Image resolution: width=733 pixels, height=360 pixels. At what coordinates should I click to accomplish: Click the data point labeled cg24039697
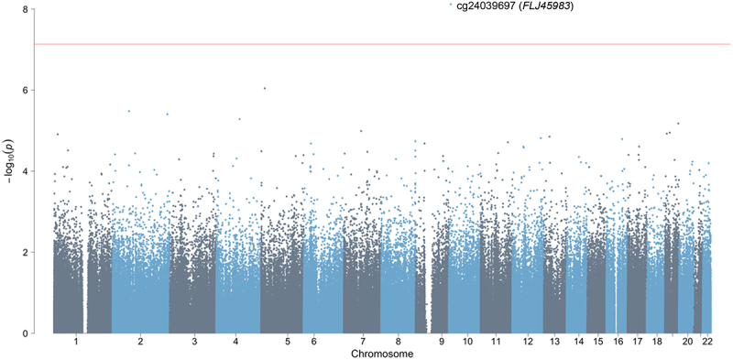450,5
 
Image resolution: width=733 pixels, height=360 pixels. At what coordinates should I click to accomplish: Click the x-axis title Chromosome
382,354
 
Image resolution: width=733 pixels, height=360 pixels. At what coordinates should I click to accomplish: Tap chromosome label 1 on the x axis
76,343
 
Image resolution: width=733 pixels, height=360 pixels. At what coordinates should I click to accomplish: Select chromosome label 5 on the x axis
288,343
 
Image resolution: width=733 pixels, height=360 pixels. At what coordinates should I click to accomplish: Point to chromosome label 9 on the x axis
442,343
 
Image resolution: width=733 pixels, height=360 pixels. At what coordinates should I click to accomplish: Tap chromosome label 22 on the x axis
706,343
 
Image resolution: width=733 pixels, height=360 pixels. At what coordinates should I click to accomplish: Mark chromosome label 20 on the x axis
688,343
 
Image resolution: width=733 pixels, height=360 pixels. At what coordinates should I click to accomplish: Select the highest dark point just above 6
265,88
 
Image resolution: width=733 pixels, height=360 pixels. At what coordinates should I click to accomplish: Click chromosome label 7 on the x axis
363,343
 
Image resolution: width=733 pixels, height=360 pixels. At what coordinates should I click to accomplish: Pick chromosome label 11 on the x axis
496,343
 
